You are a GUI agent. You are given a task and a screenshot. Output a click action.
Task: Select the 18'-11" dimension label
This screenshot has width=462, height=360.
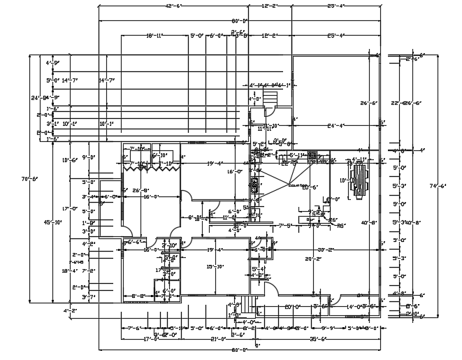154,34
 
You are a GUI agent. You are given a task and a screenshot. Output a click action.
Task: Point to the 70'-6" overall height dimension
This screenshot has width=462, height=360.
26,180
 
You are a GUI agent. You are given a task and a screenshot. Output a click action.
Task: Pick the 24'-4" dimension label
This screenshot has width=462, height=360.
336,126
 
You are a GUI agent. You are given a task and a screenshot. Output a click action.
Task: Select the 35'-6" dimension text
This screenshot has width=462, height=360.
318,339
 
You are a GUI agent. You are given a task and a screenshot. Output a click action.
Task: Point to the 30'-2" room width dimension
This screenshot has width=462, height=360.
325,250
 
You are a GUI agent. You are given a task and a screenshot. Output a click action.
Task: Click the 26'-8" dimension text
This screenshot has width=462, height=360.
143,189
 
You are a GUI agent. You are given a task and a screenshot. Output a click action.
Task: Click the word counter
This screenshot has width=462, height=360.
298,186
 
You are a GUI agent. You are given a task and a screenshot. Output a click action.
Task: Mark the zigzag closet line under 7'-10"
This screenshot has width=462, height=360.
149,166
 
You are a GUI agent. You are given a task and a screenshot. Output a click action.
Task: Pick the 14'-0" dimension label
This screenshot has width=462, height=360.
354,306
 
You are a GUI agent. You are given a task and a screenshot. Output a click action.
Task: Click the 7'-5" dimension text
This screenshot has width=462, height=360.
284,226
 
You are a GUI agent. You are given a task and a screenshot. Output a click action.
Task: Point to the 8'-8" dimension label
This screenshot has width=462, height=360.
138,296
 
